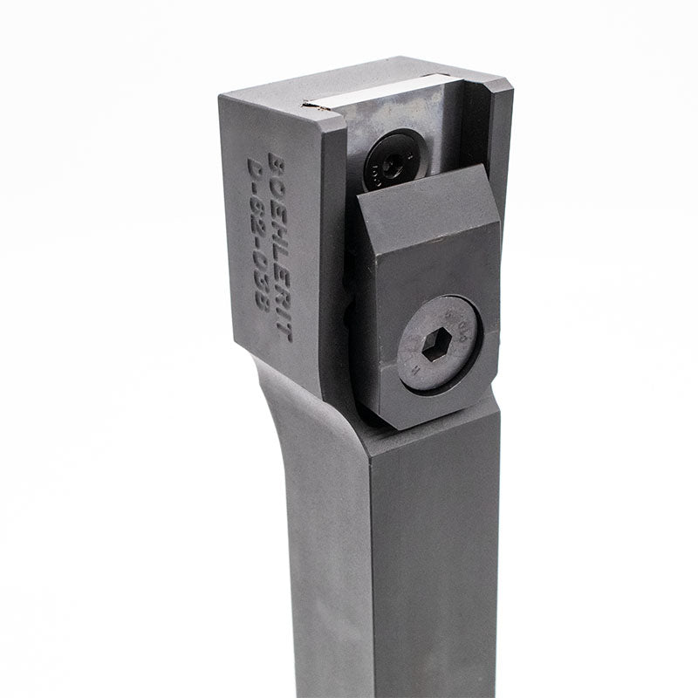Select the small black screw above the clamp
point(393,161)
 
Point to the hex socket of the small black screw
point(393,162)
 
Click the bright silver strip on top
point(384,94)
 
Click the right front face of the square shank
point(436,567)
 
